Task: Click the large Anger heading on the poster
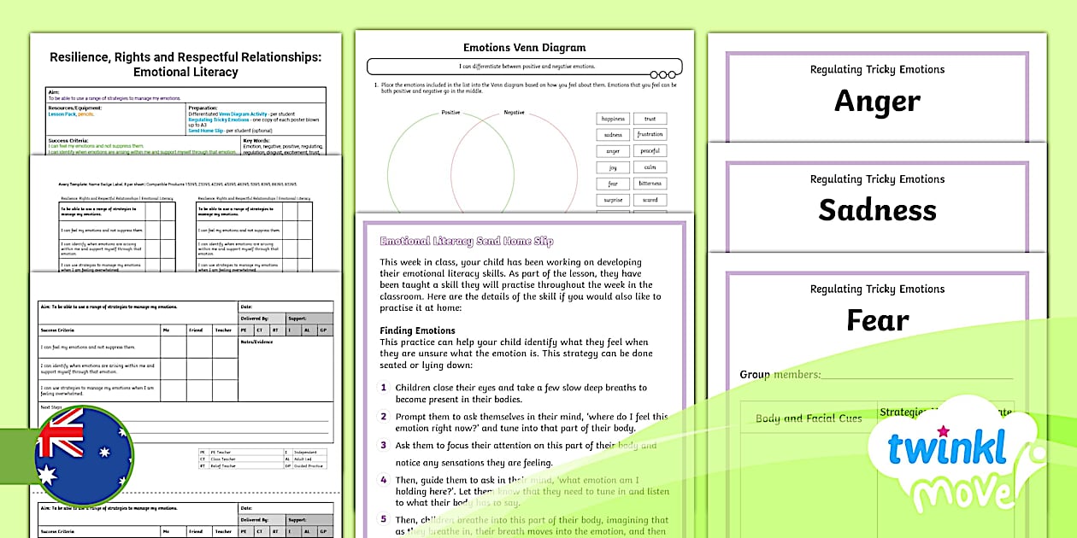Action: coord(877,101)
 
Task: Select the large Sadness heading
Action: coord(877,210)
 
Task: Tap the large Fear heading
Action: coord(877,320)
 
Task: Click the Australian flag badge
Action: coord(84,455)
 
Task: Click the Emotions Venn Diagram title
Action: coord(524,48)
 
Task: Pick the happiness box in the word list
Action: coord(613,119)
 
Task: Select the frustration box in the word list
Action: coord(650,135)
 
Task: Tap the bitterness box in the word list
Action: coord(650,184)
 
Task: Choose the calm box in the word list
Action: coord(650,167)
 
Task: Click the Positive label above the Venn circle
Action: coord(450,113)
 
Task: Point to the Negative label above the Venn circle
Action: coord(514,113)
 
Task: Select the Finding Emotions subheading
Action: coord(417,330)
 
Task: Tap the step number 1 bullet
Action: coord(384,388)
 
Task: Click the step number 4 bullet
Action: coord(384,480)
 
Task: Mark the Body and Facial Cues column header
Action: coord(809,418)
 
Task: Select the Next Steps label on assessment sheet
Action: coord(51,406)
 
